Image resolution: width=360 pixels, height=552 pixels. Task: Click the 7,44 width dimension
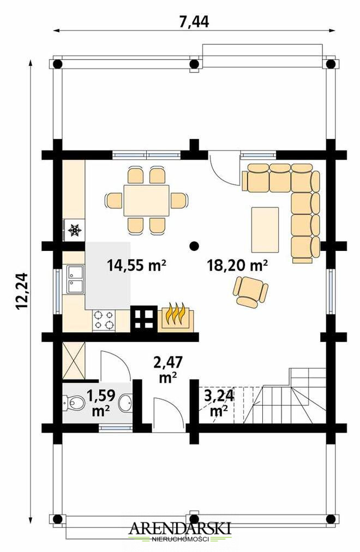[x=194, y=22]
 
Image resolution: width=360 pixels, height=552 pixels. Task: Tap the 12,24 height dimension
[x=21, y=291]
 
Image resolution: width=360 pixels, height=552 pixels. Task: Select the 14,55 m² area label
[x=136, y=265]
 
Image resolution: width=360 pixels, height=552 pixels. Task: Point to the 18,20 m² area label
[x=237, y=265]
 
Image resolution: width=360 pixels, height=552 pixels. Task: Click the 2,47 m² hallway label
[x=168, y=369]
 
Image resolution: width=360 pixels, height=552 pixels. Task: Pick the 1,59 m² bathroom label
[x=101, y=403]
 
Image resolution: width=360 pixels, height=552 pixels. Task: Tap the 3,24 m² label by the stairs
[x=219, y=403]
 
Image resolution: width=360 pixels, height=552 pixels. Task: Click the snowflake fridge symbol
[x=75, y=230]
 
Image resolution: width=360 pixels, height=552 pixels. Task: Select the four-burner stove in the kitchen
[x=104, y=320]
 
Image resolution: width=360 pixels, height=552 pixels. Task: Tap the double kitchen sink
[x=75, y=279]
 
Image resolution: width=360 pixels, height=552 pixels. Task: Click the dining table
[x=146, y=200]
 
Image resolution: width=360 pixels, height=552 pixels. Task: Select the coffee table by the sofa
[x=265, y=230]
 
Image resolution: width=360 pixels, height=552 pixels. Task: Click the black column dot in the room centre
[x=193, y=245]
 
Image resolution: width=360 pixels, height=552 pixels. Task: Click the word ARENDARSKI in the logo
[x=180, y=529]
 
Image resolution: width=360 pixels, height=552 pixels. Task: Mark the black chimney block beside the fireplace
[x=143, y=319]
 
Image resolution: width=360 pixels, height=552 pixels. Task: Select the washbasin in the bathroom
[x=125, y=403]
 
